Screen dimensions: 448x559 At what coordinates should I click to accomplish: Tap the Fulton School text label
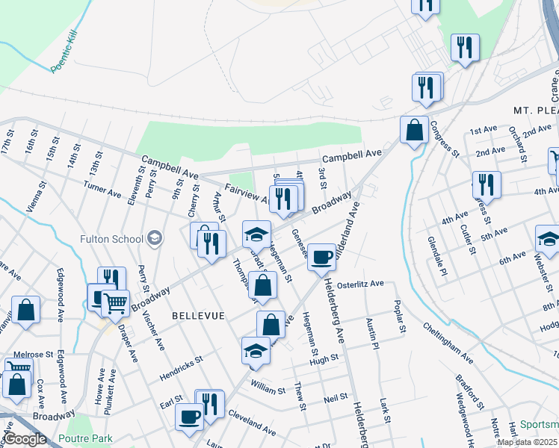[x=111, y=239]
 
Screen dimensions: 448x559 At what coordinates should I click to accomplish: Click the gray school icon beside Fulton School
[x=155, y=238]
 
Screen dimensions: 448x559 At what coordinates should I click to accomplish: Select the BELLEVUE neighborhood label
[x=198, y=316]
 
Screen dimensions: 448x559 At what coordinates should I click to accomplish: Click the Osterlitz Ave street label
[x=360, y=284]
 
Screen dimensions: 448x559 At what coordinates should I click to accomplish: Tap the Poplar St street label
[x=402, y=318]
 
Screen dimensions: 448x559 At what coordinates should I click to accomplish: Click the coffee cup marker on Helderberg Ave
[x=322, y=257]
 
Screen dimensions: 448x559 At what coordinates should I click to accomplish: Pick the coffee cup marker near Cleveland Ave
[x=189, y=417]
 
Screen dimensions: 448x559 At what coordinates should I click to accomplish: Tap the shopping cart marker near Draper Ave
[x=115, y=302]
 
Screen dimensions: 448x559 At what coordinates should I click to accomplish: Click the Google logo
[x=25, y=439]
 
